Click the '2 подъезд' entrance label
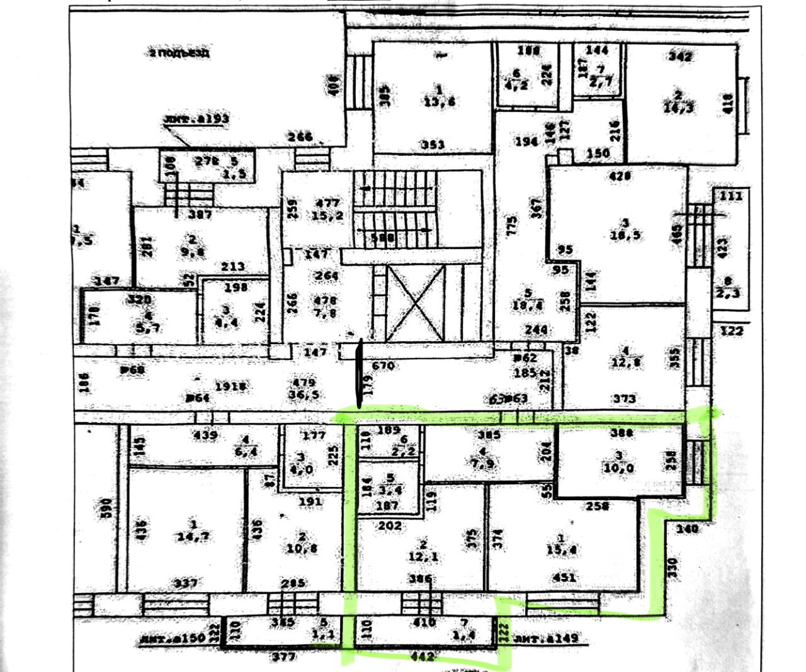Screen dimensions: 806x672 (x=180, y=53)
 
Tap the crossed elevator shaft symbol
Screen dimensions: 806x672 (x=415, y=302)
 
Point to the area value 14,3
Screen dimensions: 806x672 (x=678, y=106)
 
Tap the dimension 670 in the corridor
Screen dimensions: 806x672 (x=383, y=365)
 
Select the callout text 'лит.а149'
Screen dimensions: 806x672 (x=547, y=639)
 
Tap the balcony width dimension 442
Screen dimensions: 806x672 (x=422, y=656)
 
